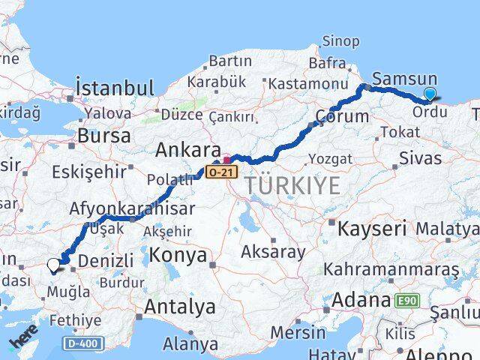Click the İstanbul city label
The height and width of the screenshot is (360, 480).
coord(115,88)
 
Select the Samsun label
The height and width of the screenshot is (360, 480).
coord(404,79)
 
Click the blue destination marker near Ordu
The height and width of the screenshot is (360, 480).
coord(430,94)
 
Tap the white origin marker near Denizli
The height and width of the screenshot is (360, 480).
coord(53,264)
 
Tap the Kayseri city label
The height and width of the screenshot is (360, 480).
coord(372,227)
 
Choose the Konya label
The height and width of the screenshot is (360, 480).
coord(178,256)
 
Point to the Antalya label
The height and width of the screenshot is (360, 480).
coord(179,306)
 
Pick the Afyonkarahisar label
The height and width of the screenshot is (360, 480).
coord(133,208)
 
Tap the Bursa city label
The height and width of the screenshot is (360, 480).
coord(104,136)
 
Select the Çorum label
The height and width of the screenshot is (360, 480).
coord(343,117)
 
